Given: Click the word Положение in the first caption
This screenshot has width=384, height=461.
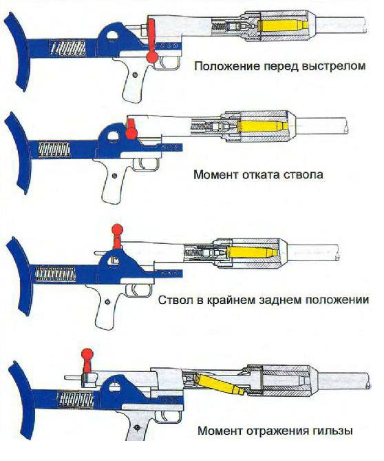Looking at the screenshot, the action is [x=228, y=66].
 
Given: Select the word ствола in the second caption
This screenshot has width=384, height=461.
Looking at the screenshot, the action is [x=304, y=174].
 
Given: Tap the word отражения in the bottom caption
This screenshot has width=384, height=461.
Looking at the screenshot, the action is [x=277, y=431].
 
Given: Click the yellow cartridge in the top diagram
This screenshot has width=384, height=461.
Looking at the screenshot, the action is [x=284, y=25].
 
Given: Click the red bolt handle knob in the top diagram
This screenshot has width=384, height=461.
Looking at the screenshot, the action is [x=152, y=57].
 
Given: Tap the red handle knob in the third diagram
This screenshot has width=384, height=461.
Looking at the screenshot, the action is [x=118, y=229].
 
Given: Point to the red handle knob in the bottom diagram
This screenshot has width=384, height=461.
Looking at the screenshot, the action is [x=87, y=354].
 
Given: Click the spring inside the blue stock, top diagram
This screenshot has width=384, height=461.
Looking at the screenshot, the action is [x=68, y=48].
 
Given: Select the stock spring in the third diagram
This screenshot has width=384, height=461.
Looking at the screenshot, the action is [x=55, y=274].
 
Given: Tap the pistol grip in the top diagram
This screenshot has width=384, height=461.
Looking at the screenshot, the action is [x=134, y=79].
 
